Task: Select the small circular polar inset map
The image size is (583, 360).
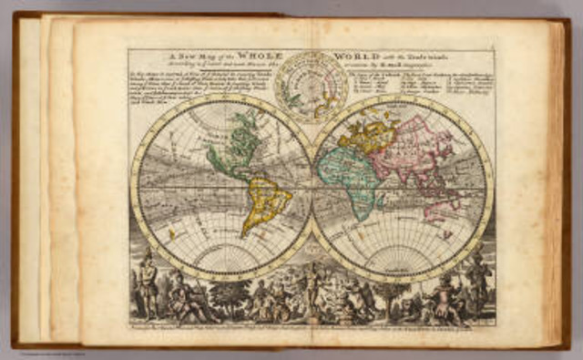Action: (312, 87)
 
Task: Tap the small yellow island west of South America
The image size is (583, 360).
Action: (172, 233)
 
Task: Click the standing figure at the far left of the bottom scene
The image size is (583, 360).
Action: (146, 289)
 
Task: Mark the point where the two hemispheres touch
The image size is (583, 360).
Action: (312, 188)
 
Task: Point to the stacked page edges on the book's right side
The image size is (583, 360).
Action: (557, 182)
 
